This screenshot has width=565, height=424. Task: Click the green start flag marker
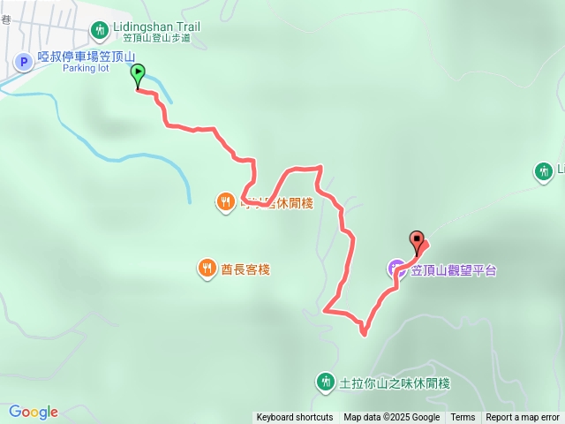point(138,77)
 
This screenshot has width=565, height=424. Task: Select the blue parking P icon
point(23,61)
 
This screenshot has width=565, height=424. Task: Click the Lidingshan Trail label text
point(157,26)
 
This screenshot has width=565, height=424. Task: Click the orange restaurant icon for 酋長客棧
point(207,267)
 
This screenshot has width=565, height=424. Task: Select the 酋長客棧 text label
point(245,268)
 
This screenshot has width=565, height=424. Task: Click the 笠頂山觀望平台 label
point(454,269)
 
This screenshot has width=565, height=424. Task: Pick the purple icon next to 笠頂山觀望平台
point(396,268)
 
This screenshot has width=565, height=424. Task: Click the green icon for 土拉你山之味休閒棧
point(325,382)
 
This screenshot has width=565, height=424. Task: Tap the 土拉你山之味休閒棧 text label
point(395,383)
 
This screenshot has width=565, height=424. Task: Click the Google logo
point(33,412)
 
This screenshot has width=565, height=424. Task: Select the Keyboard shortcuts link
point(295,417)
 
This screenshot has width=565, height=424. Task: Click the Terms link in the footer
point(463,417)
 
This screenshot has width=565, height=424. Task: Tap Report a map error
point(523,417)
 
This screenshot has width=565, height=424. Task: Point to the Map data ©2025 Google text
point(391,417)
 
